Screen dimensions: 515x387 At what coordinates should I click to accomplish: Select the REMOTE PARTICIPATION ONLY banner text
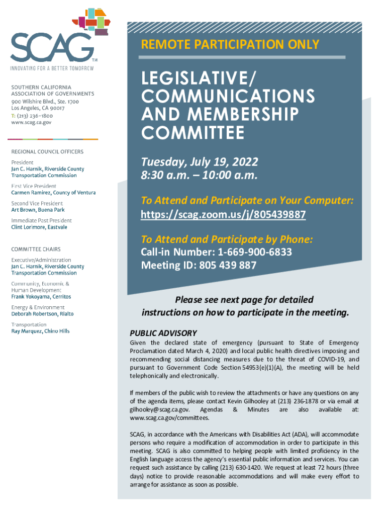tap(230, 44)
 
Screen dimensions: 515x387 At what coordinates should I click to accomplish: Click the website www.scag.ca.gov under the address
tap(31, 122)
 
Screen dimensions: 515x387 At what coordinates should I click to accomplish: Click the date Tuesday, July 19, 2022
tap(200, 162)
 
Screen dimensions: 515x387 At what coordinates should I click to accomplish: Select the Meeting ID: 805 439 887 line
tap(199, 265)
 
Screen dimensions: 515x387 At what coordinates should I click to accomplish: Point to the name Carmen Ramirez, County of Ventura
tap(53, 193)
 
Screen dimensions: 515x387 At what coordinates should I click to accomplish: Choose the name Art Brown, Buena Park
tap(38, 210)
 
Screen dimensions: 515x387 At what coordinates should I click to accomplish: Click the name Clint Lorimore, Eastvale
tap(39, 227)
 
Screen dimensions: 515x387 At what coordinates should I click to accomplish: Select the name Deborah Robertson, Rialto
tap(42, 314)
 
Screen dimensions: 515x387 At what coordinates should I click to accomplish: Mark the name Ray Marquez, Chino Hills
tap(40, 331)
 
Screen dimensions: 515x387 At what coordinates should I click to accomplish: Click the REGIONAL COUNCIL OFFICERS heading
tap(47, 152)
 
